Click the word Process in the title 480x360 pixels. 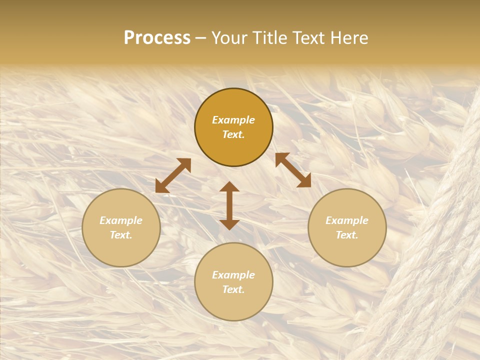pyautogui.click(x=157, y=38)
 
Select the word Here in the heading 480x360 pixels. pyautogui.click(x=349, y=38)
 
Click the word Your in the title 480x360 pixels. pyautogui.click(x=229, y=38)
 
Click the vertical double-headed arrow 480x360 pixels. pyautogui.click(x=229, y=205)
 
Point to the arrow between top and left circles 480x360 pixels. pyautogui.click(x=173, y=175)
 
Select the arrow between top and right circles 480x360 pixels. pyautogui.click(x=293, y=170)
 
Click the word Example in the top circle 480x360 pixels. pyautogui.click(x=233, y=120)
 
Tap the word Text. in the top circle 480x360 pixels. pyautogui.click(x=233, y=134)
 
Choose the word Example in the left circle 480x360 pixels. pyautogui.click(x=121, y=220)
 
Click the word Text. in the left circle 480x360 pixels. pyautogui.click(x=121, y=235)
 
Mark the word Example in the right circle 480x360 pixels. pyautogui.click(x=347, y=220)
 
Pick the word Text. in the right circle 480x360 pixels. pyautogui.click(x=347, y=235)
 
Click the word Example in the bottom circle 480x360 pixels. pyautogui.click(x=233, y=275)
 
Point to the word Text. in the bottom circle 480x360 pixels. pyautogui.click(x=233, y=289)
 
